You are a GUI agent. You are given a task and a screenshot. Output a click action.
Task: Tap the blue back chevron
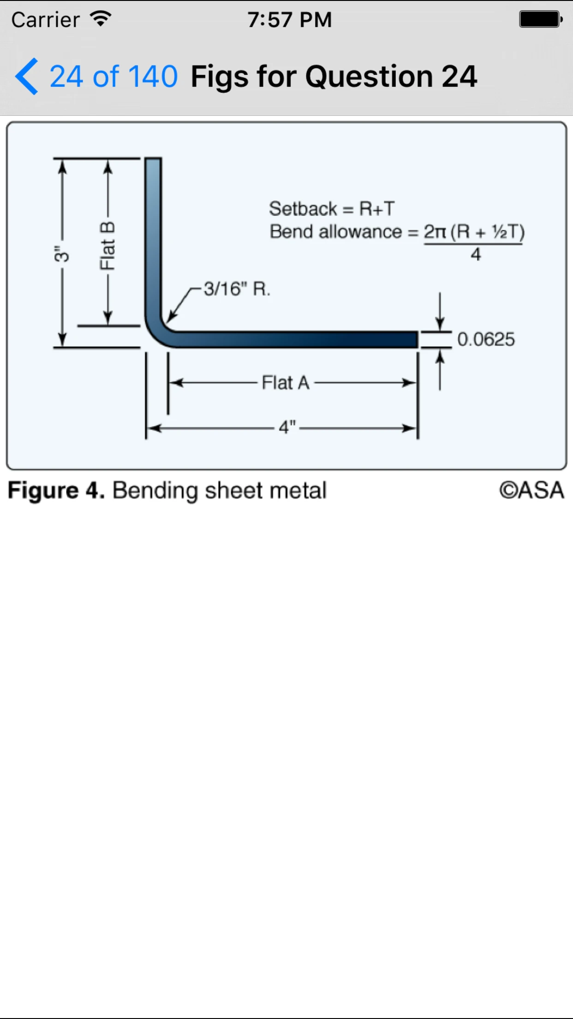coord(26,76)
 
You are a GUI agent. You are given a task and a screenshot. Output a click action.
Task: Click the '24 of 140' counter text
coord(113,76)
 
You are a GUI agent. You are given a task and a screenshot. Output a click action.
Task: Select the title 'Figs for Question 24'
coord(334,77)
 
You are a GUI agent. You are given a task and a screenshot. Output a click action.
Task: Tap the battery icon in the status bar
coord(541,19)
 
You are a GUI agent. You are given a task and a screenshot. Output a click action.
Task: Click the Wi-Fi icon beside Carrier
coord(101,19)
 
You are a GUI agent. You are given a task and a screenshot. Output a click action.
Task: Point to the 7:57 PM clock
coord(289,20)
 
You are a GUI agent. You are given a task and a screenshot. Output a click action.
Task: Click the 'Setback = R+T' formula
coord(332,209)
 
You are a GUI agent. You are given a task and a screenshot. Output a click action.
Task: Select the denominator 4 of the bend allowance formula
coord(476,254)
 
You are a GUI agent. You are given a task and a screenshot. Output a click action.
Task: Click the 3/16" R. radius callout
coord(237,289)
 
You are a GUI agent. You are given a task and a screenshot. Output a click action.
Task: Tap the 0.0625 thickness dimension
coord(486,339)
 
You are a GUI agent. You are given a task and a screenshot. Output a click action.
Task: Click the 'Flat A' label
coord(286,383)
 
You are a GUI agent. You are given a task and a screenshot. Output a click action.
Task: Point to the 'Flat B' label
coord(107,246)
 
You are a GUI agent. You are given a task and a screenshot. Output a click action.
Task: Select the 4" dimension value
coord(287,427)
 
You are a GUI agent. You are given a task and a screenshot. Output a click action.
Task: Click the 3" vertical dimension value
coord(61,254)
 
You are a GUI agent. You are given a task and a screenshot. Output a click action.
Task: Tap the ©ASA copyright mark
coord(531,490)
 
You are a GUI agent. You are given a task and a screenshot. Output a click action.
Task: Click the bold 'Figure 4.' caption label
coord(56,491)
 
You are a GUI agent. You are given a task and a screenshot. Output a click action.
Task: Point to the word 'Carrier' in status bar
coord(46,20)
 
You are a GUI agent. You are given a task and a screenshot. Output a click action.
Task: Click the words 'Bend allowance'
coord(335,231)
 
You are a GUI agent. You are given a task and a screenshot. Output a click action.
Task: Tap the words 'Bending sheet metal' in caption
coord(220,491)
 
